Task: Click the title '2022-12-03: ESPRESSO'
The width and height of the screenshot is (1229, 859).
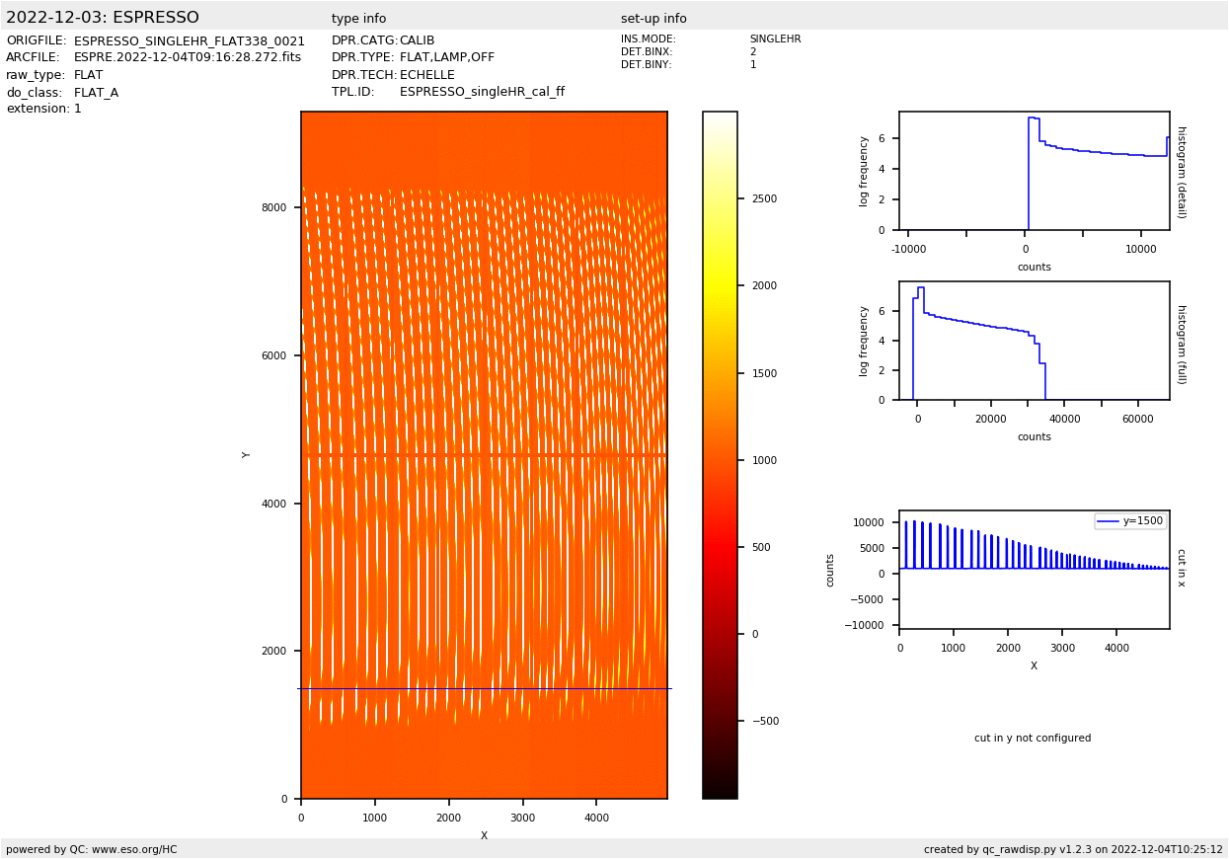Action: click(103, 18)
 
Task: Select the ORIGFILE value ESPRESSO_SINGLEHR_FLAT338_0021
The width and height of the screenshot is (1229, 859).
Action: click(190, 41)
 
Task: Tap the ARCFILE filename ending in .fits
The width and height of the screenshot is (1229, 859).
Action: click(188, 58)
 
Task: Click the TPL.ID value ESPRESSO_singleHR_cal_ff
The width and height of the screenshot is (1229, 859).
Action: click(482, 92)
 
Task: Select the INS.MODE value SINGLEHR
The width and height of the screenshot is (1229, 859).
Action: click(775, 39)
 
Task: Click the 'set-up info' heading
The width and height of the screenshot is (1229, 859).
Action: click(653, 19)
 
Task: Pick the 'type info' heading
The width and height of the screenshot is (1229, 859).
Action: click(358, 19)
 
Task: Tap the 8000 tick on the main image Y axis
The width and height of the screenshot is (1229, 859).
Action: click(273, 207)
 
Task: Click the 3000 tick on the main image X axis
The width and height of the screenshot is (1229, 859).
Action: click(522, 818)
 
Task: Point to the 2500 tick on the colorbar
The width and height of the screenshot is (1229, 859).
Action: click(764, 198)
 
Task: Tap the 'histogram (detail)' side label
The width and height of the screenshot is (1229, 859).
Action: click(1181, 172)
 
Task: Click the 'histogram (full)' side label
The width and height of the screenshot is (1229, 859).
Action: click(1181, 344)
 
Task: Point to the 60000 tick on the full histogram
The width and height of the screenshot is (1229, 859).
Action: click(1137, 420)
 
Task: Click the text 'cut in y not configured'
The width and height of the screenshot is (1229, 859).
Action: click(1033, 739)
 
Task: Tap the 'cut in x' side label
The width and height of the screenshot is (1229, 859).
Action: click(1181, 568)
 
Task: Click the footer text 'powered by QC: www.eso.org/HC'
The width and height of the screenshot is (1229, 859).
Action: click(92, 849)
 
